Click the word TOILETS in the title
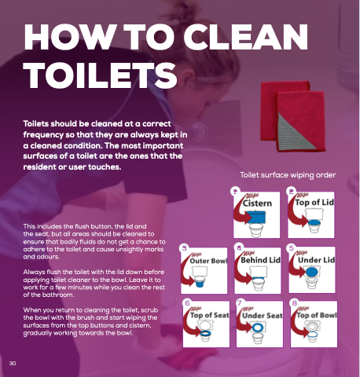click(x=101, y=75)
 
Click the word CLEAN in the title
click(x=245, y=37)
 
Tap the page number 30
click(x=13, y=363)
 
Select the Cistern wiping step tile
click(x=256, y=215)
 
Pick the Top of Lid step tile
click(x=311, y=215)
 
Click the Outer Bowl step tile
click(x=204, y=270)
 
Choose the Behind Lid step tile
click(x=258, y=270)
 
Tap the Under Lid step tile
click(x=312, y=270)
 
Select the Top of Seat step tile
click(x=206, y=324)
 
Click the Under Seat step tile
click(x=259, y=324)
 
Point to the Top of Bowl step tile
click(x=314, y=324)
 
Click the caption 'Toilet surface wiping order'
click(x=288, y=175)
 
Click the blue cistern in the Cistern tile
click(x=256, y=218)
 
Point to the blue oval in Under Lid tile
click(x=311, y=272)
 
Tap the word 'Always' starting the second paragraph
click(x=33, y=273)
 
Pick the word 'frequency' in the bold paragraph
click(x=43, y=135)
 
